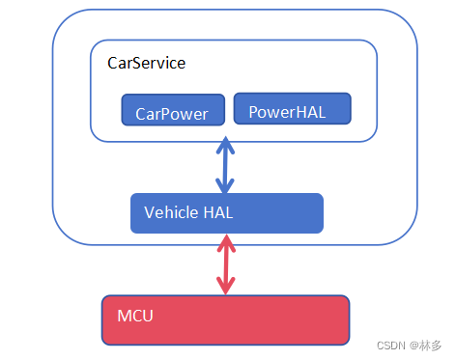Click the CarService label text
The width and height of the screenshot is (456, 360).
tap(146, 63)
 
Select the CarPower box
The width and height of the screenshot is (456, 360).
tap(173, 110)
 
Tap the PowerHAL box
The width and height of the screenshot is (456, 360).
tap(292, 109)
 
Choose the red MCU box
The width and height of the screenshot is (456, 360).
tap(225, 319)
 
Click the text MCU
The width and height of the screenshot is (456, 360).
tap(135, 316)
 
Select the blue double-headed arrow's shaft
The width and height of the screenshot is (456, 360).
tap(225, 166)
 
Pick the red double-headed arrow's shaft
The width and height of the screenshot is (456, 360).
tap(225, 264)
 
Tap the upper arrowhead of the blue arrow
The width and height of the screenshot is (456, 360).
tap(225, 146)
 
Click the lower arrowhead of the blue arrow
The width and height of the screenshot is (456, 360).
tap(225, 186)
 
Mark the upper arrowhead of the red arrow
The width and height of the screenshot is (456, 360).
tap(225, 244)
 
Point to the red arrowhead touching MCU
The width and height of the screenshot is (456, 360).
tap(225, 287)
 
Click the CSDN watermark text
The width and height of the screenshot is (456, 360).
tap(388, 345)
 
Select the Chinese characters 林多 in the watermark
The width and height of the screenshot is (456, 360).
tap(431, 345)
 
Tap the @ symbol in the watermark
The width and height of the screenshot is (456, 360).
tap(413, 345)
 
